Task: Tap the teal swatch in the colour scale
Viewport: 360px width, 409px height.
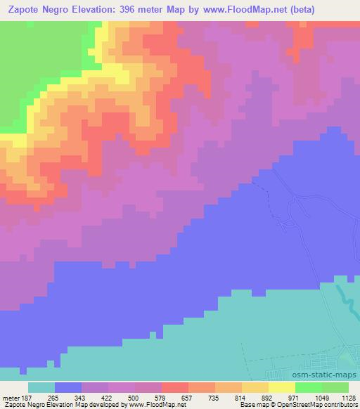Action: [x=41, y=387]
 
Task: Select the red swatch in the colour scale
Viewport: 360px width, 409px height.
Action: [x=175, y=387]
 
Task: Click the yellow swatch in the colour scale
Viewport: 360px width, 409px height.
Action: [x=282, y=387]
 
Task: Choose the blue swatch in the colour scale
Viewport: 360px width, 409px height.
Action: [x=68, y=387]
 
